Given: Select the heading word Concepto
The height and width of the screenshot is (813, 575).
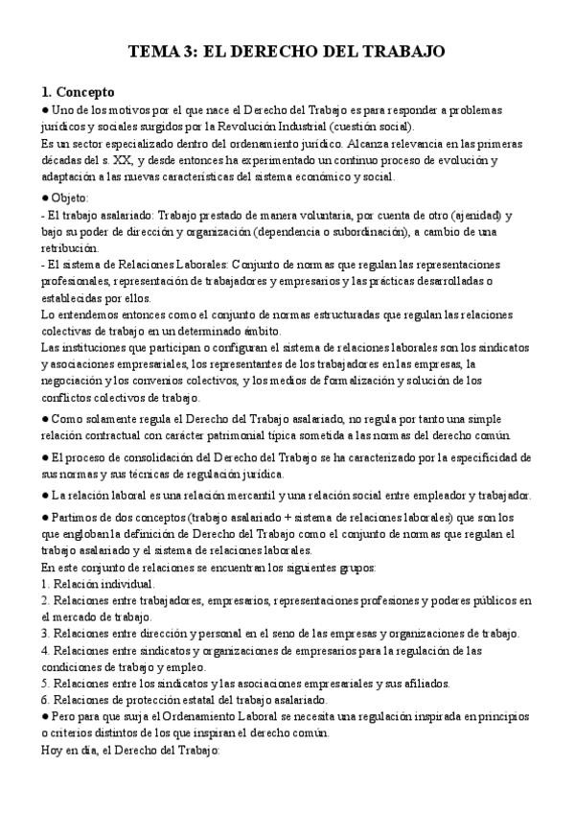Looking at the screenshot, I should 84,93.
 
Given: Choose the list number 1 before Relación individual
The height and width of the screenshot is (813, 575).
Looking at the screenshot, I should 44,584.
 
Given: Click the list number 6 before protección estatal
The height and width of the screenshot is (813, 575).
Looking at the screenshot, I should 44,700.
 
